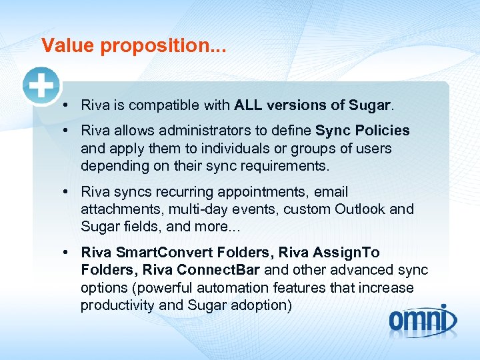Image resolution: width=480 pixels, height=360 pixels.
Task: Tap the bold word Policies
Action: point(381,131)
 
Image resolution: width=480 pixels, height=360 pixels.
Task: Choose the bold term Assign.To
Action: point(342,253)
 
